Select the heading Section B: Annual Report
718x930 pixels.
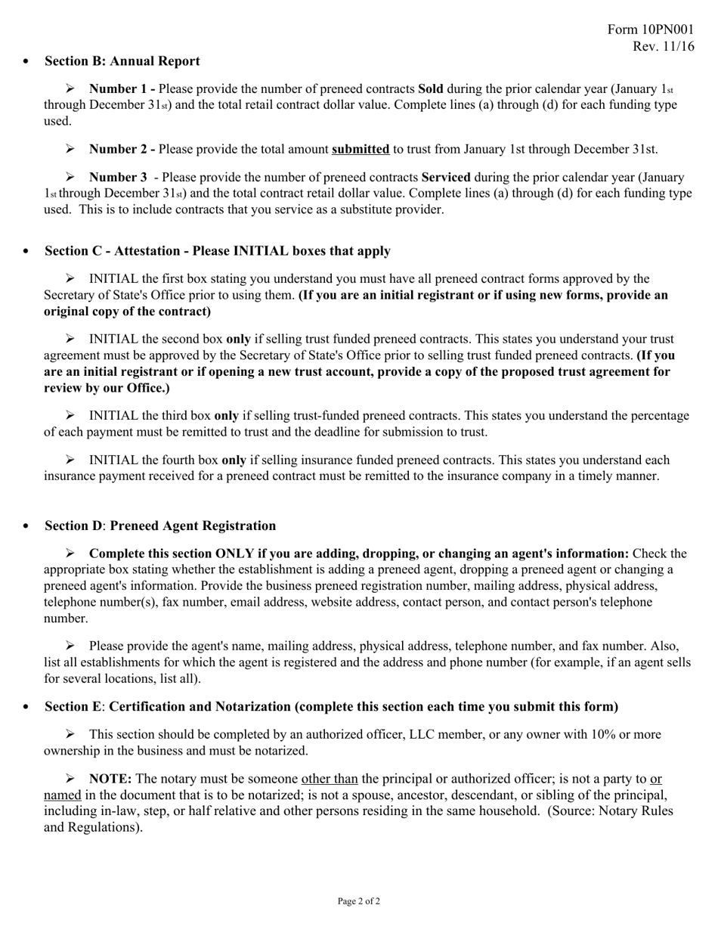click(x=122, y=61)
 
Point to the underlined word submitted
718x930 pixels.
click(x=361, y=149)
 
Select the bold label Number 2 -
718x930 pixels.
click(x=122, y=149)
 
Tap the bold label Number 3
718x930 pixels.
click(x=118, y=178)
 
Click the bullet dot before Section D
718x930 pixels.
click(x=27, y=526)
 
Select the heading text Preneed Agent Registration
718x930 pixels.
click(x=193, y=526)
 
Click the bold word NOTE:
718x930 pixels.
click(x=110, y=779)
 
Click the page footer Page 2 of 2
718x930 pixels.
click(x=358, y=901)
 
